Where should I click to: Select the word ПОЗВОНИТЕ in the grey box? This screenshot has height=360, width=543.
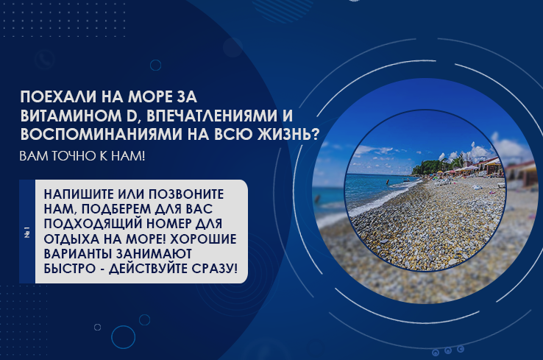tap(190, 192)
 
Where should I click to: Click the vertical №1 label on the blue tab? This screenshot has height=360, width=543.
tap(27, 232)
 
